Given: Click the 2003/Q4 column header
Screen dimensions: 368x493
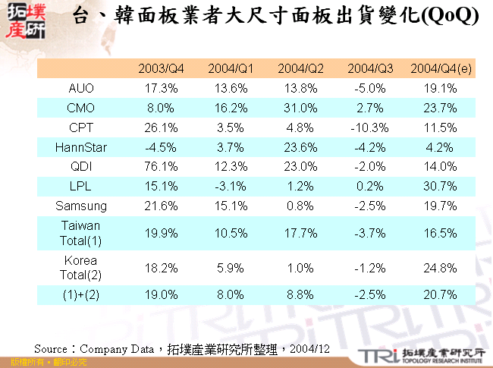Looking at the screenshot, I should tap(161, 69).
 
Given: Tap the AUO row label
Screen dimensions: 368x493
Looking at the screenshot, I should tap(81, 88).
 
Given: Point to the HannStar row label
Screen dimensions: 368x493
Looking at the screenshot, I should tap(81, 146).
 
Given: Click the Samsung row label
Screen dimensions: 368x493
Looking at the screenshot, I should tap(81, 205).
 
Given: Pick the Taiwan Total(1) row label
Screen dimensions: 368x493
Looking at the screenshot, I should tap(81, 232).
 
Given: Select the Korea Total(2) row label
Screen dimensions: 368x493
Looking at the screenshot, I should tap(81, 267).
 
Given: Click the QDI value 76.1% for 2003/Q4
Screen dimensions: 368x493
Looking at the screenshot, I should tap(161, 166).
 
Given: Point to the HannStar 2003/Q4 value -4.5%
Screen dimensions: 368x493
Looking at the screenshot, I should tap(161, 146).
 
